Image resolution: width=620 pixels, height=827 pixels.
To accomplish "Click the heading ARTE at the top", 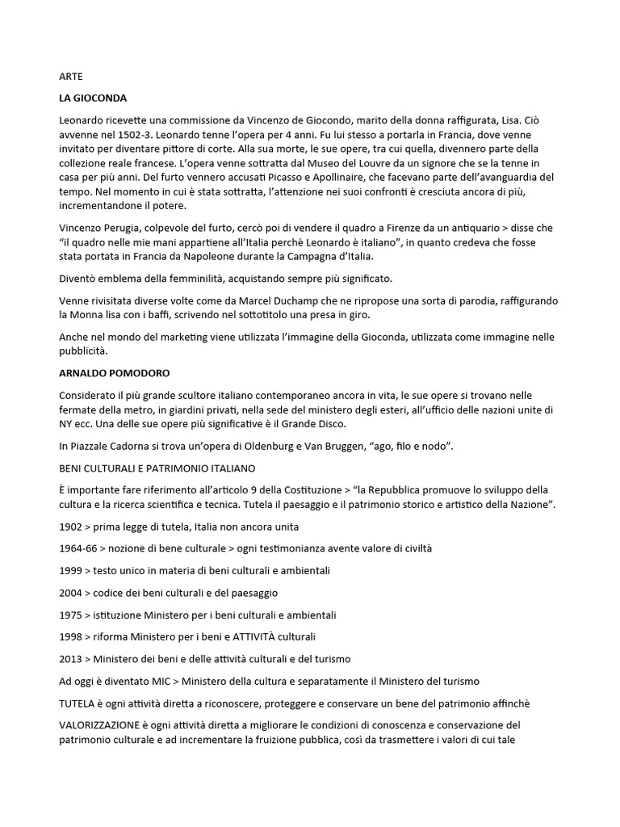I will click(x=71, y=77).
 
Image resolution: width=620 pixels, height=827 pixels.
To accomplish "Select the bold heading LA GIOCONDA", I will click(x=93, y=98).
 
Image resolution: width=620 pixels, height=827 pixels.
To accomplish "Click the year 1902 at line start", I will click(x=71, y=527).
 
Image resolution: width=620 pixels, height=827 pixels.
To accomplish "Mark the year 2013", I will click(x=71, y=658).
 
